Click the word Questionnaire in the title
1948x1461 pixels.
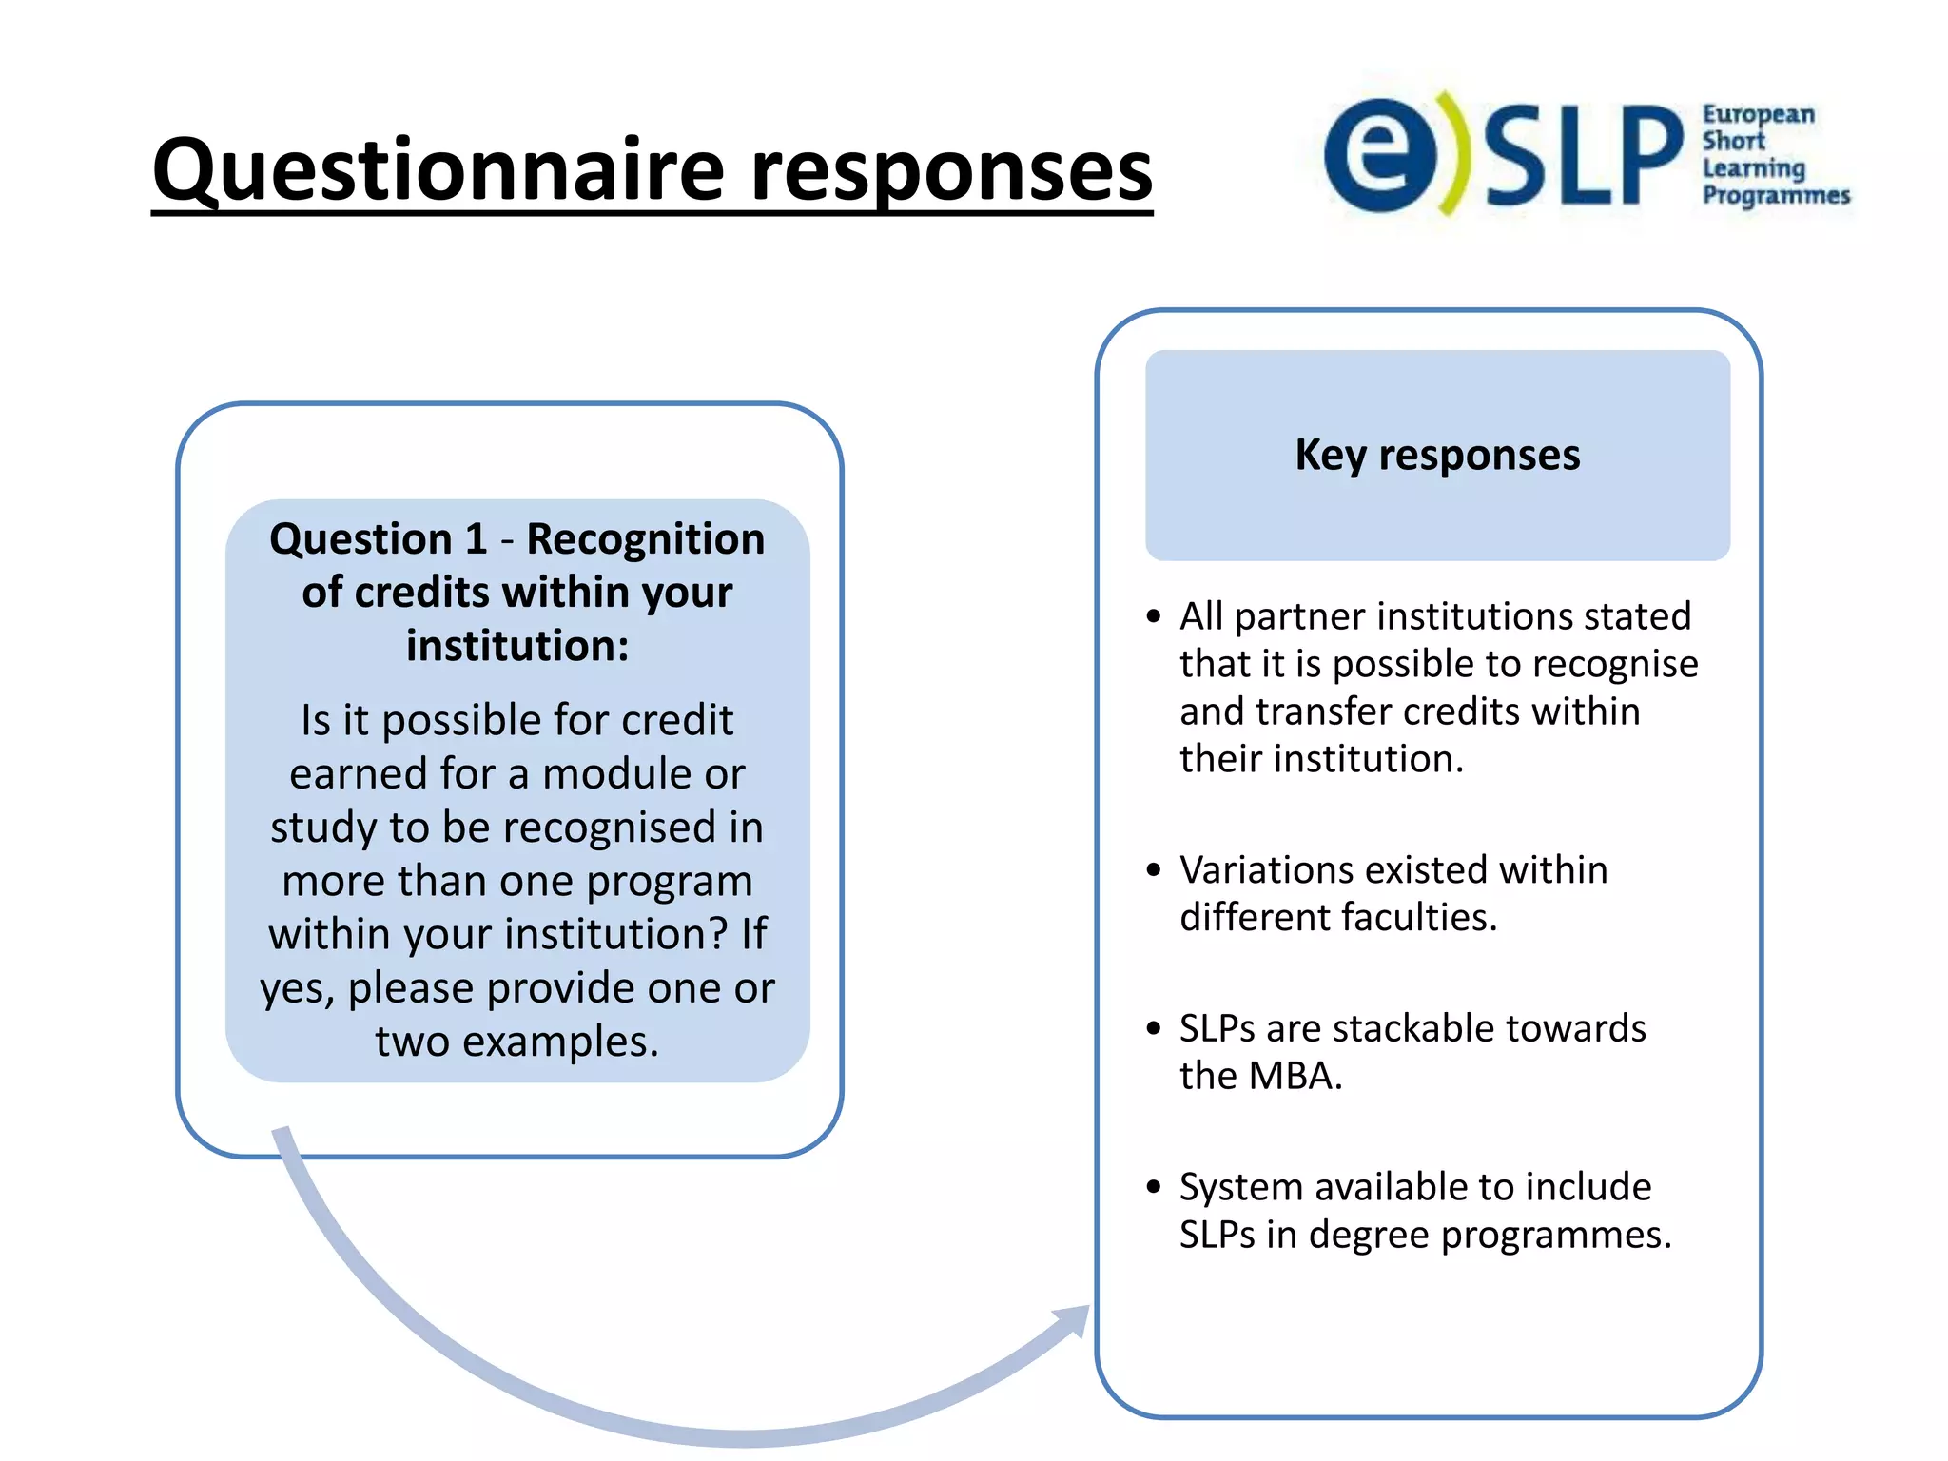[x=438, y=171]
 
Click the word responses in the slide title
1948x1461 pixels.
[x=951, y=171]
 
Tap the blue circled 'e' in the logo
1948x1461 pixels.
[x=1379, y=155]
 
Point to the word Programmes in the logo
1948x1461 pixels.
[x=1776, y=195]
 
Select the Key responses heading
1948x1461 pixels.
[x=1436, y=455]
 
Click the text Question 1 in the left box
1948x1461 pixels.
[x=378, y=539]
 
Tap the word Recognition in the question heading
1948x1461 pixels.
[x=645, y=539]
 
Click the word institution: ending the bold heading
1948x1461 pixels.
[x=517, y=646]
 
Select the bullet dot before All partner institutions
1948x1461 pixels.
[x=1154, y=617]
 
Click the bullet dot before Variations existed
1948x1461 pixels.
[x=1154, y=870]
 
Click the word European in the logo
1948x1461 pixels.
[x=1758, y=115]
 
